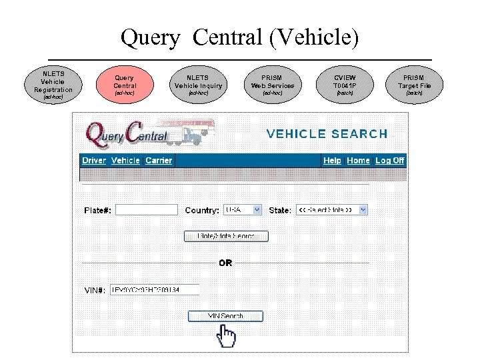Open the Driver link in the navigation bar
coord(94,161)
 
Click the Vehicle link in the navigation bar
coord(125,161)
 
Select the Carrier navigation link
coord(159,161)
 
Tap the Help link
coord(332,161)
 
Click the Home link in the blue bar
coord(358,161)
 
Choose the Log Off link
coord(389,161)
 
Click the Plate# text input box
coord(147,210)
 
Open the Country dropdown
coord(243,209)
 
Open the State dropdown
coord(332,209)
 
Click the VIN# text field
coord(155,289)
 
